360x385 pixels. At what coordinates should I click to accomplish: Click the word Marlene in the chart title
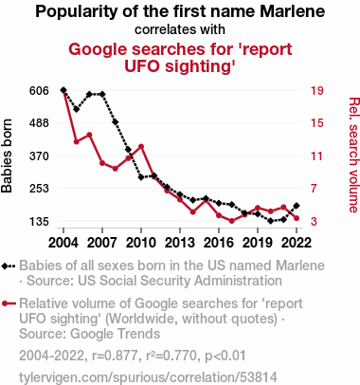[x=293, y=11]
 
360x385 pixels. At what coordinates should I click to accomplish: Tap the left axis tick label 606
[x=39, y=91]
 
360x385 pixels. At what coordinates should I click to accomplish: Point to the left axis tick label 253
[x=39, y=189]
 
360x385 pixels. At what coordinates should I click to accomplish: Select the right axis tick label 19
[x=317, y=91]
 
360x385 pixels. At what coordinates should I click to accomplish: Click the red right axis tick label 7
[x=314, y=189]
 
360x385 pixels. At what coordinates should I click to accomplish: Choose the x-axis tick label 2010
[x=141, y=243]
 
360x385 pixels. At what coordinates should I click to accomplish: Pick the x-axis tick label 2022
[x=297, y=243]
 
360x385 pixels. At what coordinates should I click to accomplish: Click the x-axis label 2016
[x=219, y=243]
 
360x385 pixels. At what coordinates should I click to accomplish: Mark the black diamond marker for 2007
[x=102, y=94]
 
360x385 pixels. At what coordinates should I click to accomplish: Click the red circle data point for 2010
[x=141, y=147]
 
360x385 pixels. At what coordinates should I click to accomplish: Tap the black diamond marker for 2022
[x=297, y=206]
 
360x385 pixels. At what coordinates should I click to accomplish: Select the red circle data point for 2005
[x=77, y=141]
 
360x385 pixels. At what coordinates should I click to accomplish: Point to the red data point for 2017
[x=232, y=221]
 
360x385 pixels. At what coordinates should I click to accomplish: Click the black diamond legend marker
[x=9, y=266]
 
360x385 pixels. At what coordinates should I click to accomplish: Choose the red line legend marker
[x=9, y=303]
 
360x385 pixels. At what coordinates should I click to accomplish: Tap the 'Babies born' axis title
[x=7, y=156]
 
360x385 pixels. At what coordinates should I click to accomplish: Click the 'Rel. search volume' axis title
[x=353, y=155]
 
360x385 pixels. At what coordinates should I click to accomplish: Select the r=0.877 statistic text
[x=115, y=356]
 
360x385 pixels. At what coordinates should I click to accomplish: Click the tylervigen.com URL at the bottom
[x=148, y=377]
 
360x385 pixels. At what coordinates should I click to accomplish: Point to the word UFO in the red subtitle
[x=143, y=66]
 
